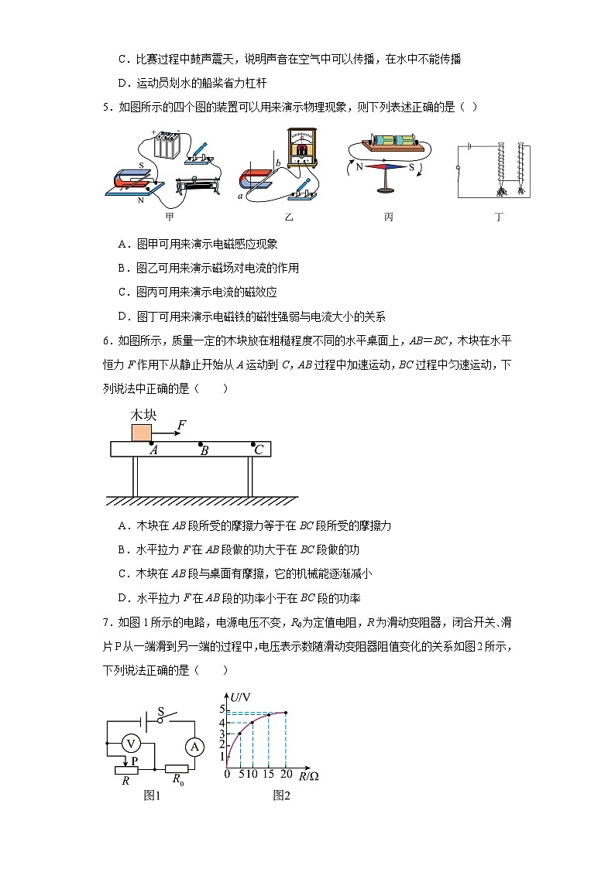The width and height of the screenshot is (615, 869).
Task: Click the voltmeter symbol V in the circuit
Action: [x=132, y=744]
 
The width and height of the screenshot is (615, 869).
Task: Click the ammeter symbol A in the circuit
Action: [x=195, y=746]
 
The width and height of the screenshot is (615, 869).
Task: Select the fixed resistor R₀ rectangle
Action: [x=178, y=770]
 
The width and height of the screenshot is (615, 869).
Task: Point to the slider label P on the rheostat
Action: [x=134, y=761]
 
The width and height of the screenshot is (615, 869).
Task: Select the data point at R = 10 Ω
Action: [x=252, y=723]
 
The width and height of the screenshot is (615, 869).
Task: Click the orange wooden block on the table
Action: [x=141, y=432]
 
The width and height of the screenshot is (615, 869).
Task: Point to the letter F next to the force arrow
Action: [x=181, y=425]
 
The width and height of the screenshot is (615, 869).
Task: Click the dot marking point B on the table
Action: [x=201, y=444]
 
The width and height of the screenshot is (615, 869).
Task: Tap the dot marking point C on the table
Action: [x=253, y=444]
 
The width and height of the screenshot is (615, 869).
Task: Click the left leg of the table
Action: [x=134, y=476]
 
